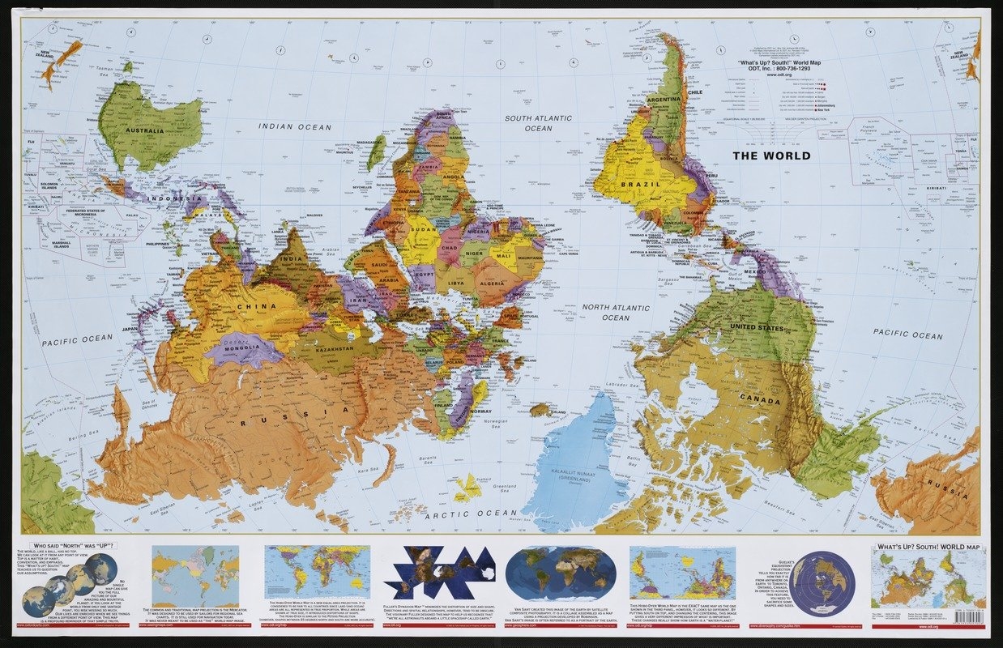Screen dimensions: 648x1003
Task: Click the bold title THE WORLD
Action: click(771, 156)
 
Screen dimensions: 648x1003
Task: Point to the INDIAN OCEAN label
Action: click(295, 126)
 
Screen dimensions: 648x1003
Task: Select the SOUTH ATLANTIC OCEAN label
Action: click(538, 123)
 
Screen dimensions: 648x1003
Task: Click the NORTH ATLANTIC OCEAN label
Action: click(616, 313)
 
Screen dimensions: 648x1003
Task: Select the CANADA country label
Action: click(760, 401)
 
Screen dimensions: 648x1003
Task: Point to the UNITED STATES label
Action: click(757, 328)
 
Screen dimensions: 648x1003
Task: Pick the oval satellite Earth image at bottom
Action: click(554, 573)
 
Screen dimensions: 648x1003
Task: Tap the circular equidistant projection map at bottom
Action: click(822, 583)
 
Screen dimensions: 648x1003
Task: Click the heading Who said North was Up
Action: click(71, 546)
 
